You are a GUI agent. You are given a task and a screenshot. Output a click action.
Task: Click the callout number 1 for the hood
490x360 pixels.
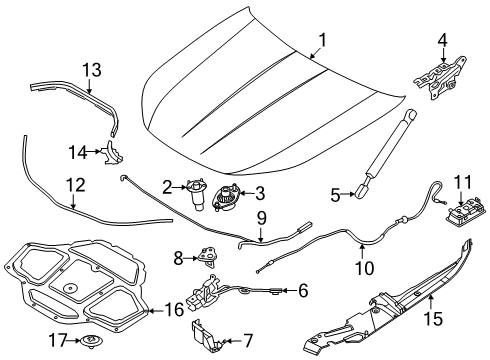click(322, 40)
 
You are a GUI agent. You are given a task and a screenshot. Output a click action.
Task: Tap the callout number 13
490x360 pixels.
click(92, 70)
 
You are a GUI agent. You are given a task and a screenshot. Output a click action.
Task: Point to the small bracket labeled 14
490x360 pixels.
click(113, 153)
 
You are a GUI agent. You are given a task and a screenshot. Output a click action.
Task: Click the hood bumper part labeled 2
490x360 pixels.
click(197, 194)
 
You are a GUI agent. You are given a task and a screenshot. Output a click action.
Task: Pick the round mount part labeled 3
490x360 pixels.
click(226, 198)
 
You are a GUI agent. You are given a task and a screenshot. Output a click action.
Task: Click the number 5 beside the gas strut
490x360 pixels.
click(335, 195)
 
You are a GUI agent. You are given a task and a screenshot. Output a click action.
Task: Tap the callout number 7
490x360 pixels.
click(247, 341)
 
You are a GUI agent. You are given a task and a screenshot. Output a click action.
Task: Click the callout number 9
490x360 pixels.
click(262, 218)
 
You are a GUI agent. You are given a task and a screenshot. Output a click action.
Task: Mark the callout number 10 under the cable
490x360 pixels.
click(365, 268)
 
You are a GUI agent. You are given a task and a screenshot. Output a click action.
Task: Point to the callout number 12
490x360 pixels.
click(76, 185)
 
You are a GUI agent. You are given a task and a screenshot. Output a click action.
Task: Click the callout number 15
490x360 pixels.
click(434, 318)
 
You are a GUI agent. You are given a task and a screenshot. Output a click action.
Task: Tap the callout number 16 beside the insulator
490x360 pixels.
click(175, 310)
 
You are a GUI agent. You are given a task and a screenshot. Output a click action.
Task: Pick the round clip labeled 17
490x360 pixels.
click(91, 342)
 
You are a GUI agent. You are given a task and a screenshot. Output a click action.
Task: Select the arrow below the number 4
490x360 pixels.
click(443, 54)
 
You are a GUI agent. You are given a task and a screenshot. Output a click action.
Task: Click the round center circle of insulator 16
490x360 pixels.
click(70, 288)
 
